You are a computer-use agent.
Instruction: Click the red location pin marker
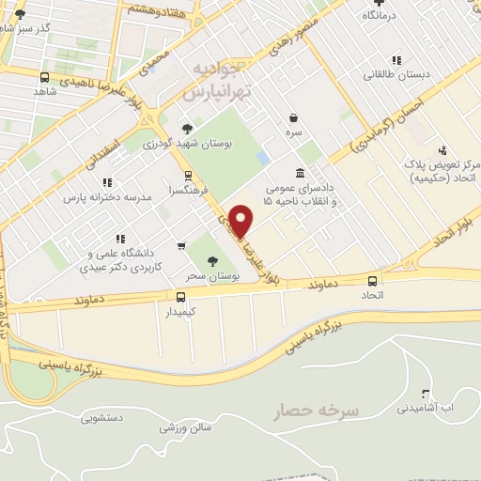[x=242, y=220]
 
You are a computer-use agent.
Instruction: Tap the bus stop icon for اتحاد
[x=374, y=280]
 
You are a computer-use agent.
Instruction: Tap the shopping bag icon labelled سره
[x=295, y=118]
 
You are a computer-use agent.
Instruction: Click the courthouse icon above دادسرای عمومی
[x=300, y=174]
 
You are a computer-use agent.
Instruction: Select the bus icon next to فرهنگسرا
[x=188, y=175]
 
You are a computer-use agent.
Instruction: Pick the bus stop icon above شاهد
[x=44, y=78]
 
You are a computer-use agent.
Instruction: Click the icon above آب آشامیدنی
[x=426, y=394]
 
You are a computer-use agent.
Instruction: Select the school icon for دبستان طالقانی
[x=396, y=59]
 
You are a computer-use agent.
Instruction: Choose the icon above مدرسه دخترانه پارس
[x=107, y=182]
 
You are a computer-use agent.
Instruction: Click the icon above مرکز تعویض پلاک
[x=442, y=149]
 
